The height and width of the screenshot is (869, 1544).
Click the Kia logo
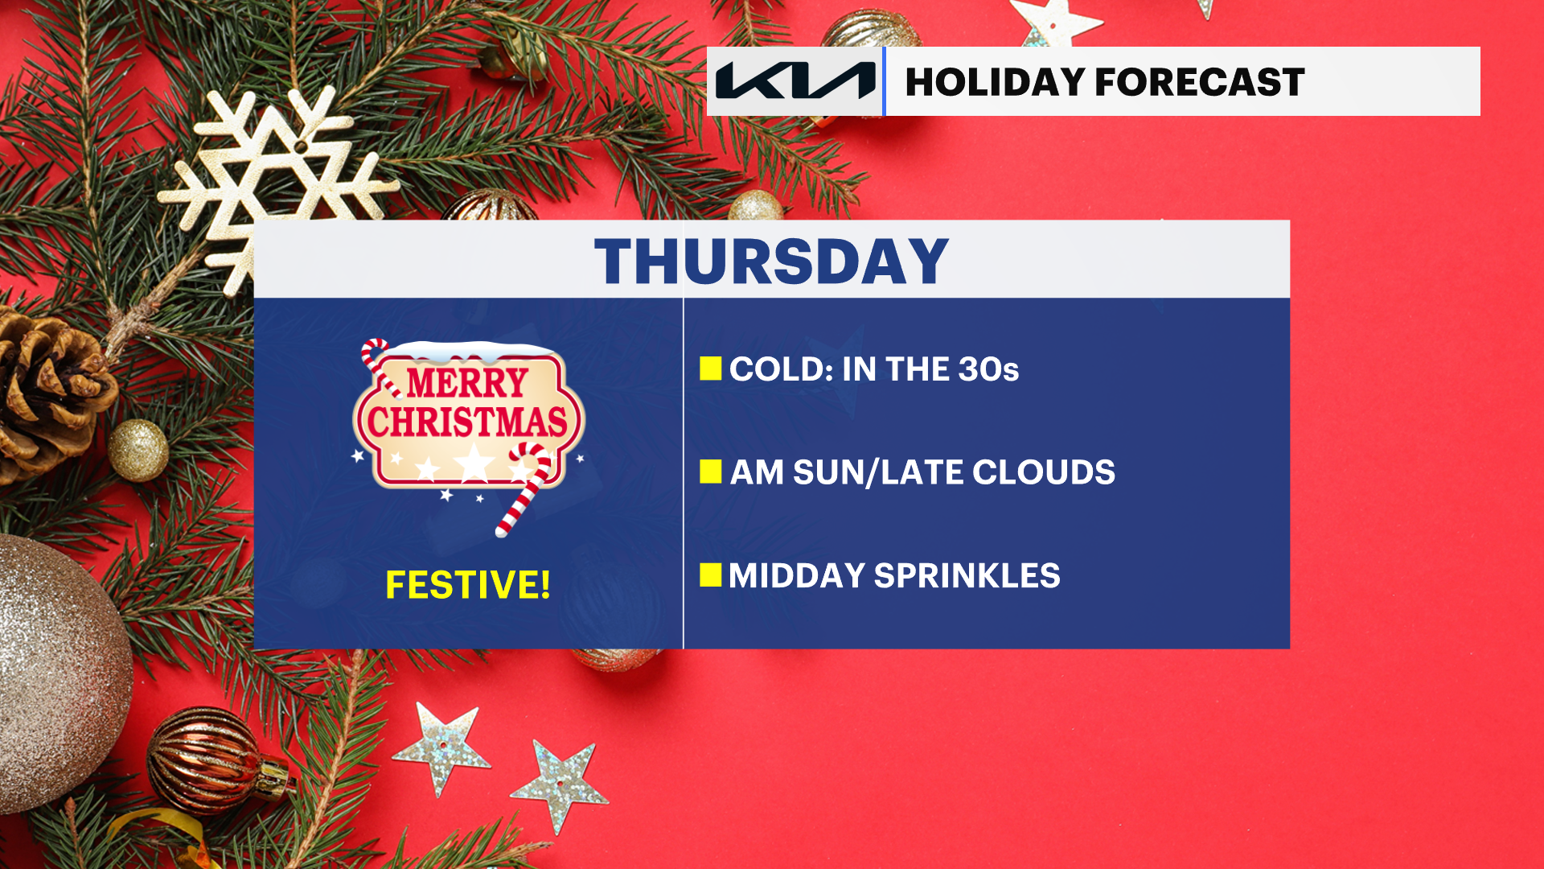[x=795, y=81]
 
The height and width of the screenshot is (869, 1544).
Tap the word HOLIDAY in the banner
[x=994, y=82]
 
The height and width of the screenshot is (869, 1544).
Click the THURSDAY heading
[x=772, y=262]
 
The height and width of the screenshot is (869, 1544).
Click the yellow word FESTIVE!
[x=468, y=585]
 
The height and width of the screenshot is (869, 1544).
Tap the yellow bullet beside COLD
[x=711, y=369]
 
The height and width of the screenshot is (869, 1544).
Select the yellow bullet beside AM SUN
[x=711, y=472]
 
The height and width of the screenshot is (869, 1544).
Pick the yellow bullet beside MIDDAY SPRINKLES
[x=711, y=575]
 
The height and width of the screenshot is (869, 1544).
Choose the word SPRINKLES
[x=967, y=576]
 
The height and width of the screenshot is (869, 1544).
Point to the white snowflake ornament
[x=273, y=185]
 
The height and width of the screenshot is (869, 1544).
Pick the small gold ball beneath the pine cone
[x=138, y=450]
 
